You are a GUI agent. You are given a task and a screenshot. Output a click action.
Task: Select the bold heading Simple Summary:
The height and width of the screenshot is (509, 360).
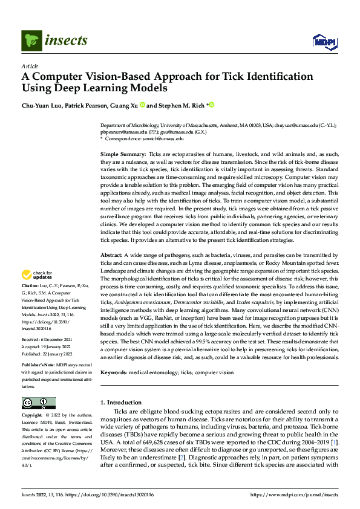pos(122,155)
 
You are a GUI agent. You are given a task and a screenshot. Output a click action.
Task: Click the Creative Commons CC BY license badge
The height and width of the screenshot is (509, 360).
pos(39,403)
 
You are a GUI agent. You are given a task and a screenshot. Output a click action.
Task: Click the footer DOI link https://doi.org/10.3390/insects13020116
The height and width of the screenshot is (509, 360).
pos(114,494)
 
